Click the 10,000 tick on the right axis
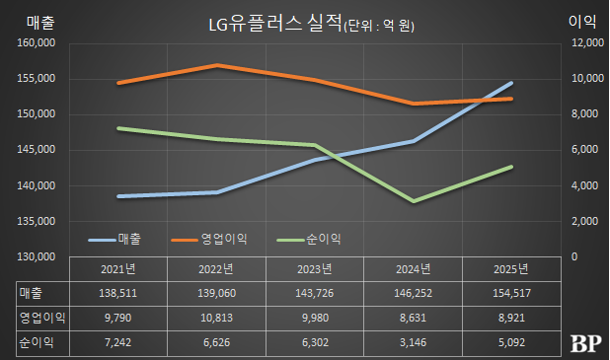pos(585,79)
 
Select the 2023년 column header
pos(317,269)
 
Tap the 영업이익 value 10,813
pos(217,319)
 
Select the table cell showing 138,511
pos(119,294)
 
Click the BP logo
pos(585,343)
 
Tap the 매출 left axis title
pos(32,22)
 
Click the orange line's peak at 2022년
pos(217,65)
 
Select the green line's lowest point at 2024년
pos(414,201)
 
